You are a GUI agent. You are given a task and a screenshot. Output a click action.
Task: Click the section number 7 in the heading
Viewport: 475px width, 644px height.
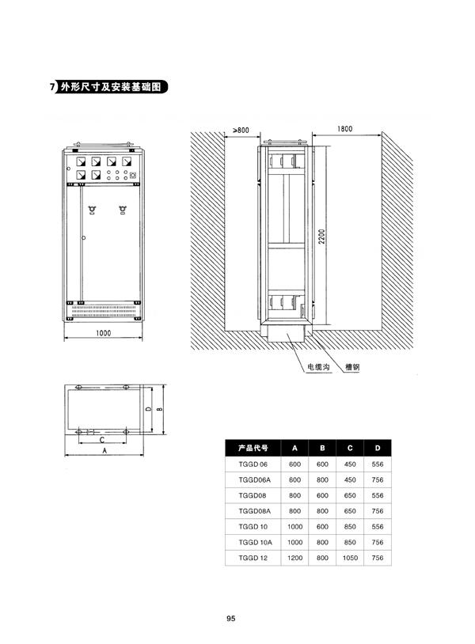coord(52,87)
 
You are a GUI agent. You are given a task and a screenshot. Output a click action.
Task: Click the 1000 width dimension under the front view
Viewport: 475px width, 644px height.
coord(103,333)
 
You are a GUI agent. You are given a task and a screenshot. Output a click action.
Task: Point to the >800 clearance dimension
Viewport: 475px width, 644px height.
coord(241,131)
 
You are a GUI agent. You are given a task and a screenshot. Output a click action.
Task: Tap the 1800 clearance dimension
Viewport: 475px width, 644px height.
coord(344,129)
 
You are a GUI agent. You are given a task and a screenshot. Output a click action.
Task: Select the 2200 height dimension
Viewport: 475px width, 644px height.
coord(321,237)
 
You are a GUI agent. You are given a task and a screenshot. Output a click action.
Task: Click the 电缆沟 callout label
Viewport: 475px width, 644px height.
coord(318,367)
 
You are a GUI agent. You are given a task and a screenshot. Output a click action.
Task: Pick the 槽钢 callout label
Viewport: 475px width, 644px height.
coord(352,367)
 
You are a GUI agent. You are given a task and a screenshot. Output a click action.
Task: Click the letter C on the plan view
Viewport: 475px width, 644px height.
coord(102,440)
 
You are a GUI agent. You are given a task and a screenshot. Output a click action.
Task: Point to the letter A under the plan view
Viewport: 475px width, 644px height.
coord(104,450)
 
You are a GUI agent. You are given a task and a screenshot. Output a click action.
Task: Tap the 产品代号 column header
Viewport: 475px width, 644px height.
coord(253,448)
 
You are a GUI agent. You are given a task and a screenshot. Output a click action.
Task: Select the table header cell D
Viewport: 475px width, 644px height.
coord(378,448)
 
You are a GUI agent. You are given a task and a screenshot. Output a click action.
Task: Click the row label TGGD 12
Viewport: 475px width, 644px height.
coord(253,558)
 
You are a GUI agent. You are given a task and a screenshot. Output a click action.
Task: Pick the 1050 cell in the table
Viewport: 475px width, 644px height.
coord(350,558)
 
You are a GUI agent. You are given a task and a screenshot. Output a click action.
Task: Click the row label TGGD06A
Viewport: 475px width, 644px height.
coord(255,479)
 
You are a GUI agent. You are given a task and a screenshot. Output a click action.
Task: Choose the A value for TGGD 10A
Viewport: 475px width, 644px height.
coord(295,542)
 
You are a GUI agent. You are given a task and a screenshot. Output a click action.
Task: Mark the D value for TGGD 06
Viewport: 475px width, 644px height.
coord(378,464)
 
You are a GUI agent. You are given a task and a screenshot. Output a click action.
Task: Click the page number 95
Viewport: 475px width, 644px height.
coord(231,619)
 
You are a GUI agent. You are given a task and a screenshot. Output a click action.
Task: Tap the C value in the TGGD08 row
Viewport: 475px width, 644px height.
coord(350,495)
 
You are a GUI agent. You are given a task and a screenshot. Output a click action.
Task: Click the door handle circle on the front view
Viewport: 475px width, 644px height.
coord(84,238)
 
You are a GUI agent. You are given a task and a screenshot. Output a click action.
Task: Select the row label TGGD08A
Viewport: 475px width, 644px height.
coord(255,511)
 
